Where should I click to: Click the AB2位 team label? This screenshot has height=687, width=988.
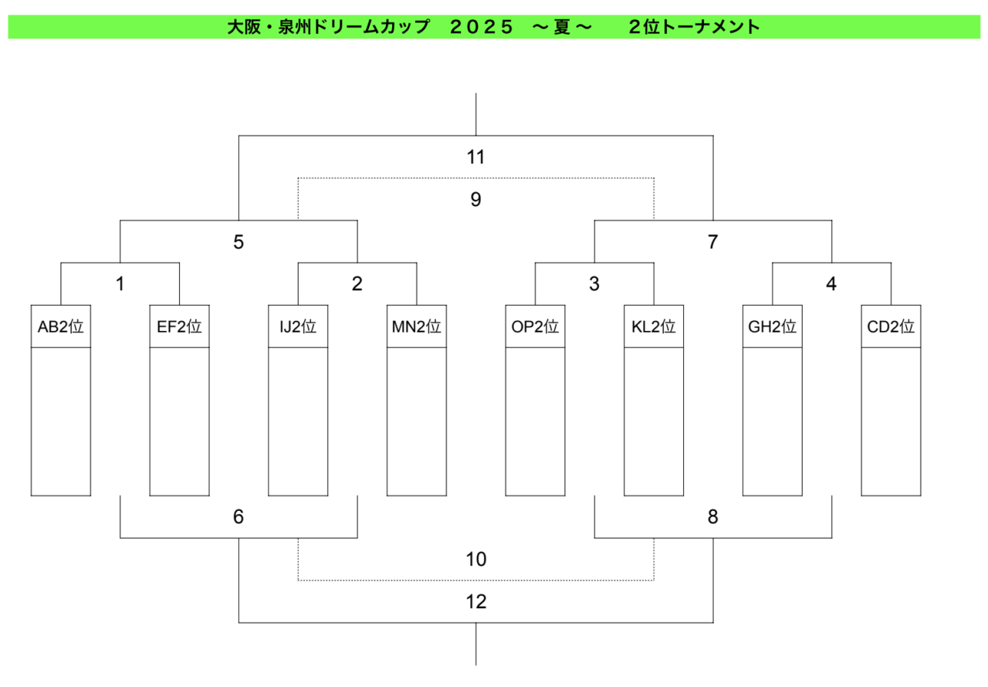click(61, 327)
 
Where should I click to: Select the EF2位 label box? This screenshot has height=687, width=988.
click(180, 327)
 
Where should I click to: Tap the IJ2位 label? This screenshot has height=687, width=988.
click(298, 327)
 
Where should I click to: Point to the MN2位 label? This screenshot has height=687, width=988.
click(417, 327)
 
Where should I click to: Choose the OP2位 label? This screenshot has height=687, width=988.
click(535, 327)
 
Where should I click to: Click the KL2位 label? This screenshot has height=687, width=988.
click(654, 327)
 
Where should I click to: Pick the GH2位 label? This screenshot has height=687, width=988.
click(773, 327)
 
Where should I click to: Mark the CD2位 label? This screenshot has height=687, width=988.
click(891, 327)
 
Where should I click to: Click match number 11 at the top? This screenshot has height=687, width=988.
click(476, 157)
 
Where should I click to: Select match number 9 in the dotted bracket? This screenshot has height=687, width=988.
click(476, 199)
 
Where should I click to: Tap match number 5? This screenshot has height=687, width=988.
click(239, 242)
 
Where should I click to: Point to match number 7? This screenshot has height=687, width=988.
click(712, 242)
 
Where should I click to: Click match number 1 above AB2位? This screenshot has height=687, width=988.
click(120, 284)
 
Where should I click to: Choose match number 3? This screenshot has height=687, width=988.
click(594, 284)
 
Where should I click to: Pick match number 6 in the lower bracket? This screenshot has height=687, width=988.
click(239, 516)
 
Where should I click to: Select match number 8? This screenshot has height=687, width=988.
click(712, 516)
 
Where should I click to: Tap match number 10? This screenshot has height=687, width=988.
click(476, 559)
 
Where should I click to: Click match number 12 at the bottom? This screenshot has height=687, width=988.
click(476, 601)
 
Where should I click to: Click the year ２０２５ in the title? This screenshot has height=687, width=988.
click(481, 27)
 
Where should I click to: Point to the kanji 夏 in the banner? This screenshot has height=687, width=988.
click(562, 27)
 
